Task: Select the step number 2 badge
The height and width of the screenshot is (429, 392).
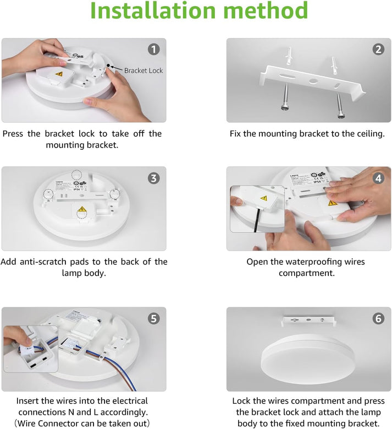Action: click(x=378, y=50)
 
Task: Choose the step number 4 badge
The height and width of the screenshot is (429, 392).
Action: click(x=378, y=178)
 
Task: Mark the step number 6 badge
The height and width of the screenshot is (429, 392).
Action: click(x=378, y=318)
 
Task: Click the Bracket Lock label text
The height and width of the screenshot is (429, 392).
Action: click(x=143, y=70)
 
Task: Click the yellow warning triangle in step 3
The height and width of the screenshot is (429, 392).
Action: click(x=82, y=210)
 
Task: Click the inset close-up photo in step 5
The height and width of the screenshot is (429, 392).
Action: click(x=30, y=349)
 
